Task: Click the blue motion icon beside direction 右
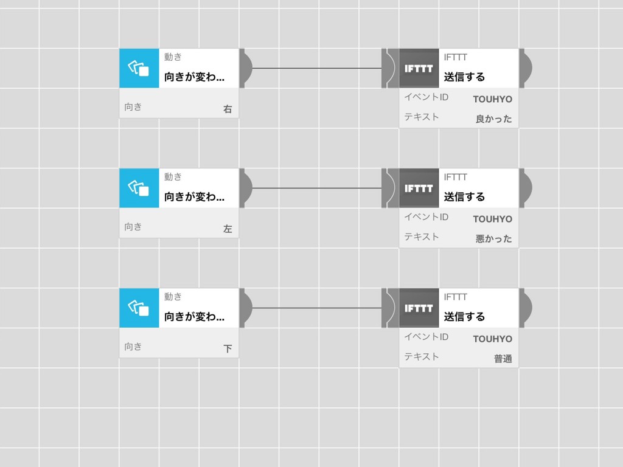tap(139, 68)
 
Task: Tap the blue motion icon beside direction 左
tap(139, 189)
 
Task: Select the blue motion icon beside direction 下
tap(139, 308)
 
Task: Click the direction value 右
tap(228, 109)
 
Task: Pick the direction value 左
tap(228, 229)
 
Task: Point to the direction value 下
tap(228, 348)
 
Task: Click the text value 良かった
tap(494, 119)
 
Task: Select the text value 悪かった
tap(494, 238)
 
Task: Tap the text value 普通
tap(503, 359)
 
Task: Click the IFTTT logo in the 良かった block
tap(419, 68)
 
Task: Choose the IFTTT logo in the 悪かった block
tap(419, 189)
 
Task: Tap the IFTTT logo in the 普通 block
tap(419, 308)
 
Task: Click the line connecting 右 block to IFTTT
tap(317, 68)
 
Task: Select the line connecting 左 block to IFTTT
tap(317, 189)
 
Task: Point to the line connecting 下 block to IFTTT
tap(317, 308)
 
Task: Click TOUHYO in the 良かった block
tap(493, 99)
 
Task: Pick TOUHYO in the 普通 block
tap(493, 339)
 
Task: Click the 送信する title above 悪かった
tap(464, 196)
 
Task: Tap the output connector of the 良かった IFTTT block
tap(526, 68)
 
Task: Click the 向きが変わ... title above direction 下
tap(194, 316)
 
